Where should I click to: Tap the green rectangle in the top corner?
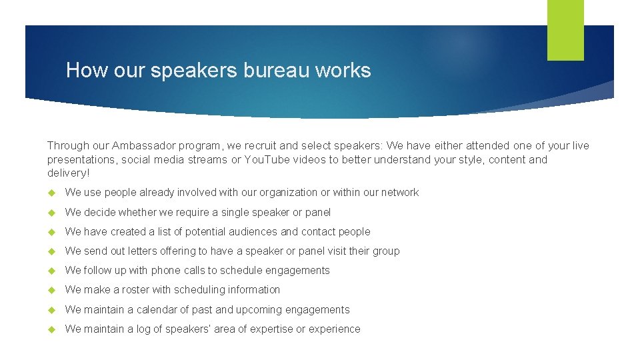coord(565,30)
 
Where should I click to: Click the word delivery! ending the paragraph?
coord(68,173)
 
